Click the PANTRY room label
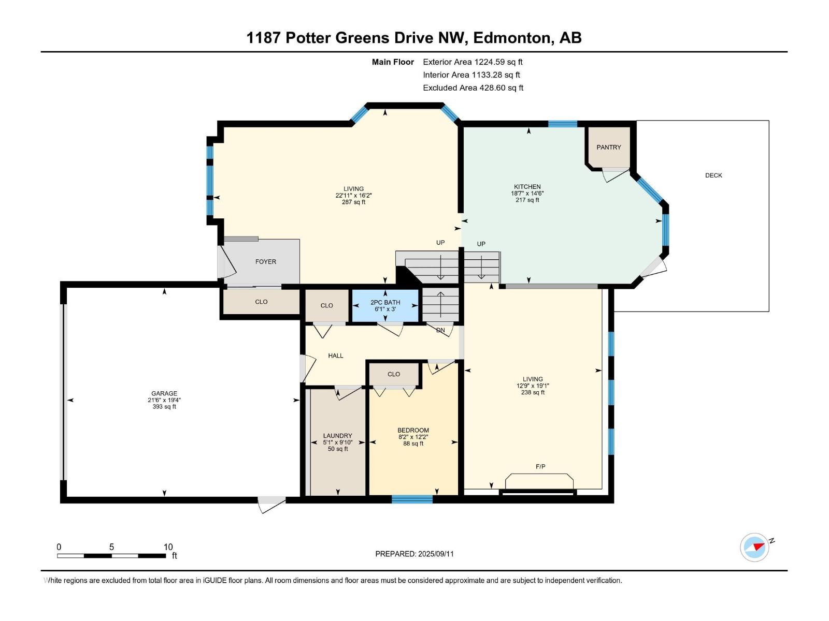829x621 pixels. coord(608,147)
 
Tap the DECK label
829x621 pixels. coord(713,175)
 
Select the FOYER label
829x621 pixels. coord(265,262)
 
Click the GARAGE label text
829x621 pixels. coord(164,393)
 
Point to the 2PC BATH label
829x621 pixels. coord(385,302)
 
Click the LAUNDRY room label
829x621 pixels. coord(338,436)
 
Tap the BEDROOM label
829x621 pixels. coord(413,430)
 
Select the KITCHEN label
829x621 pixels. coord(527,187)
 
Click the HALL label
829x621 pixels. coord(335,356)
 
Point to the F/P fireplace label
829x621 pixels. coord(540,467)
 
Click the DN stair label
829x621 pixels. coord(440,330)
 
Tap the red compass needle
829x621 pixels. coord(759,546)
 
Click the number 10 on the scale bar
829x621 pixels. coord(168,546)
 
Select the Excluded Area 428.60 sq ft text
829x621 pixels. coord(473,88)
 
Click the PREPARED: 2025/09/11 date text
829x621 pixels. coord(414,554)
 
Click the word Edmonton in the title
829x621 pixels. coord(511,38)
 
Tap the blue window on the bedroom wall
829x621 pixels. coord(412,499)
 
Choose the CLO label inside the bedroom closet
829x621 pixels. coord(394,374)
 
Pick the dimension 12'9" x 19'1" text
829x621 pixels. coord(533,386)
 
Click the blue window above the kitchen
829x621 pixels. coord(562,124)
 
